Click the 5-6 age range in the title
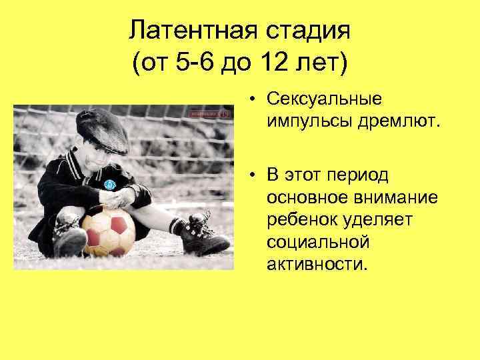(192, 65)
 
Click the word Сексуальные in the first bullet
(324, 99)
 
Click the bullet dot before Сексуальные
(255, 100)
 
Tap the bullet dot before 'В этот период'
(255, 177)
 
